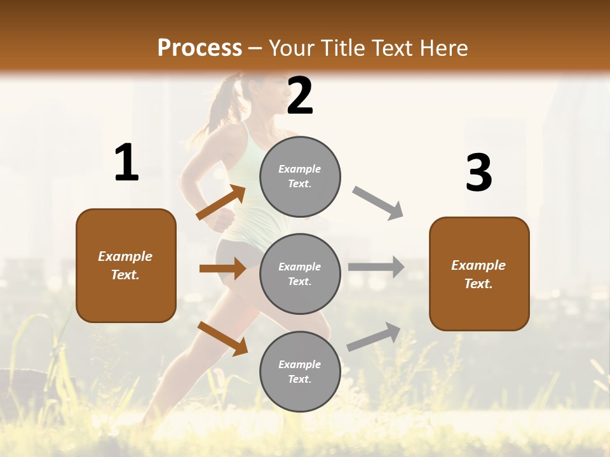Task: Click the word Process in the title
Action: pos(200,48)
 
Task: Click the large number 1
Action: pos(126,163)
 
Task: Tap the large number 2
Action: pos(300,96)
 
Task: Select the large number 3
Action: pos(478,173)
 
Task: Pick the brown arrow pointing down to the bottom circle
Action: pos(222,338)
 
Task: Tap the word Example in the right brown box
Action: pos(478,265)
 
